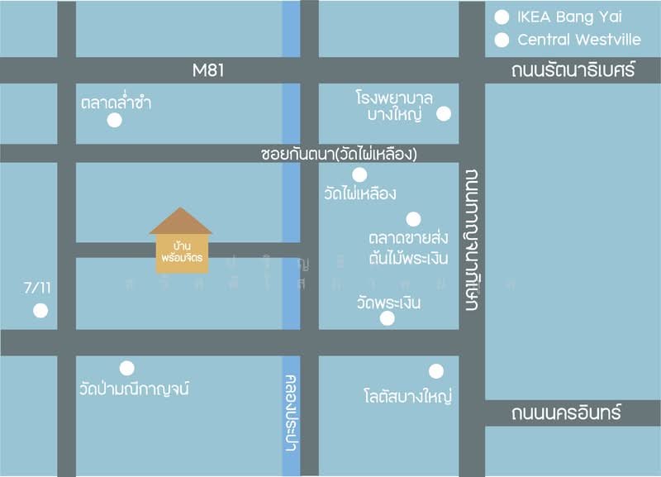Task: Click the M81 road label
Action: pos(208,70)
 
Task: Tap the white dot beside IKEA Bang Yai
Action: pos(502,17)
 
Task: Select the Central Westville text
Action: pos(578,40)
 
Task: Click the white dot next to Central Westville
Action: pos(502,40)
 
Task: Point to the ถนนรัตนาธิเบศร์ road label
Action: pos(573,70)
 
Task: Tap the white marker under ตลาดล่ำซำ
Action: pos(115,121)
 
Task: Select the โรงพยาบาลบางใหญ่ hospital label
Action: pos(395,106)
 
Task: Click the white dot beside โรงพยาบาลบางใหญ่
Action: pos(445,114)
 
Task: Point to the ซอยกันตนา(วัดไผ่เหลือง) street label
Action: pos(339,154)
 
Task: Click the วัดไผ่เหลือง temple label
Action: pos(360,194)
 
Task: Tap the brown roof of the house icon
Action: pos(181,221)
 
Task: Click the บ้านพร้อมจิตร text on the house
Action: pos(182,252)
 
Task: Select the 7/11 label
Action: pos(38,289)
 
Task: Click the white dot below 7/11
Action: pos(40,311)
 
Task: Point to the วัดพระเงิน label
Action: pos(388,303)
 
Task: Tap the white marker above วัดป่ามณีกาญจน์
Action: pos(126,368)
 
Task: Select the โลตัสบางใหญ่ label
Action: pos(407,396)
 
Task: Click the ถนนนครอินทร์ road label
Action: pos(565,413)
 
